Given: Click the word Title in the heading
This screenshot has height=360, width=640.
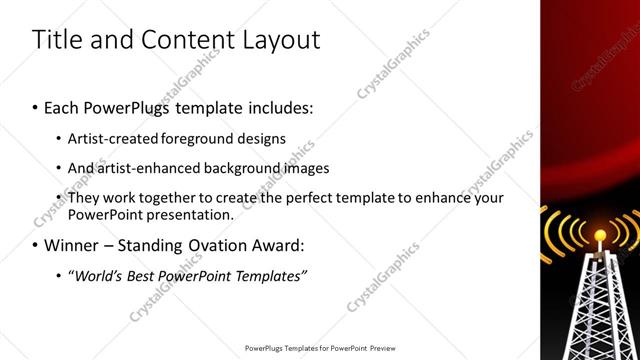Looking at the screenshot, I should pyautogui.click(x=57, y=40).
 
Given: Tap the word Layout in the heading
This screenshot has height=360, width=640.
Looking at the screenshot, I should pyautogui.click(x=281, y=40).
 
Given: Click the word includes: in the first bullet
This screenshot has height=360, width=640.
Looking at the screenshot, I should pyautogui.click(x=277, y=106).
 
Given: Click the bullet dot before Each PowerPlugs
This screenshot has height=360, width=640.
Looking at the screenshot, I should pyautogui.click(x=36, y=107).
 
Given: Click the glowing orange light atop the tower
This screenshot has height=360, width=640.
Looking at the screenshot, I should pyautogui.click(x=599, y=237).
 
